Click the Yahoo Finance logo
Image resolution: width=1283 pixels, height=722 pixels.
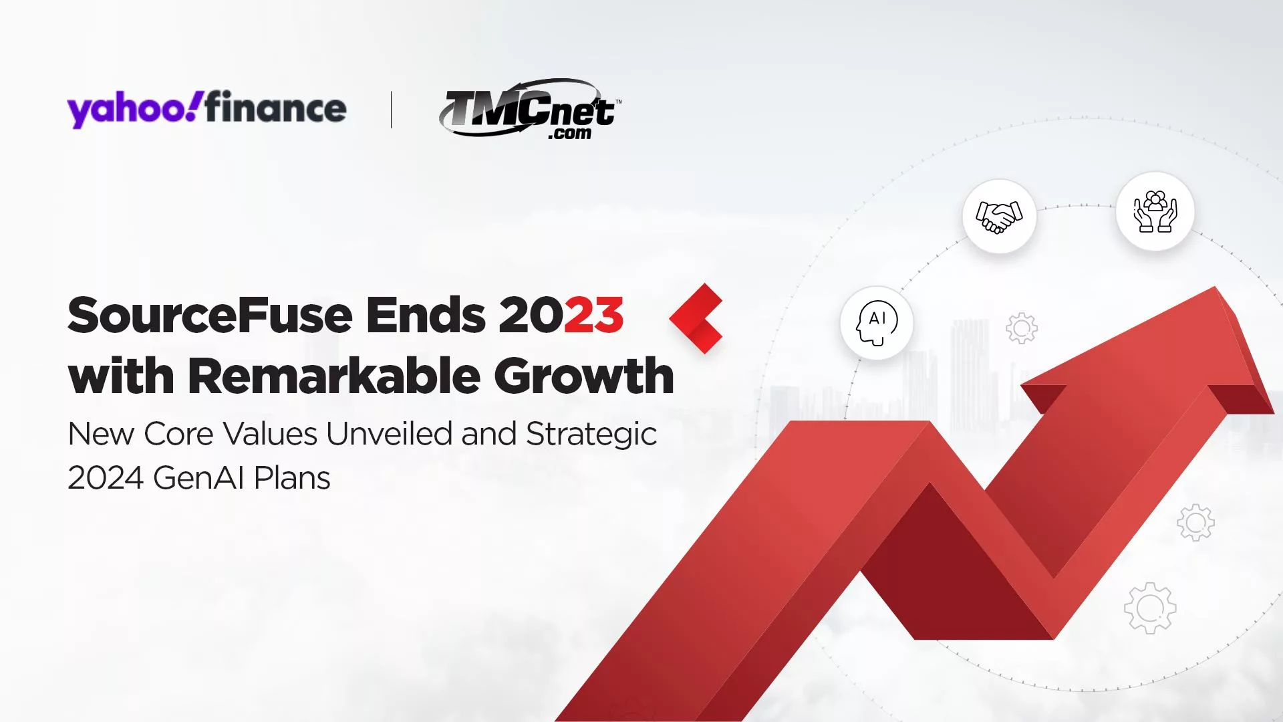(206, 108)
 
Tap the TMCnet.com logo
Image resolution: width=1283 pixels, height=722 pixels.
(529, 109)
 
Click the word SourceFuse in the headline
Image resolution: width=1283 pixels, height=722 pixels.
(210, 315)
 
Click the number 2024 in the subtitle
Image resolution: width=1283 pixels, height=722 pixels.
(106, 478)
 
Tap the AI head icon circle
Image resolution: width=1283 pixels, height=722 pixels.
(877, 323)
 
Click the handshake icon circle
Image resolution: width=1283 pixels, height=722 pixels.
(999, 216)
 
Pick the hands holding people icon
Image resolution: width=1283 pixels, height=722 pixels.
(1155, 211)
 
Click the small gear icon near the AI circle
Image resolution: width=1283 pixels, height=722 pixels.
(1021, 328)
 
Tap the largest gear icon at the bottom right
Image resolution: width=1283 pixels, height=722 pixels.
(1150, 608)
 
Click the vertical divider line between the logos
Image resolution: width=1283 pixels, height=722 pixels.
(391, 110)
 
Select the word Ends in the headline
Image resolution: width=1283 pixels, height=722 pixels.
(426, 315)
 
